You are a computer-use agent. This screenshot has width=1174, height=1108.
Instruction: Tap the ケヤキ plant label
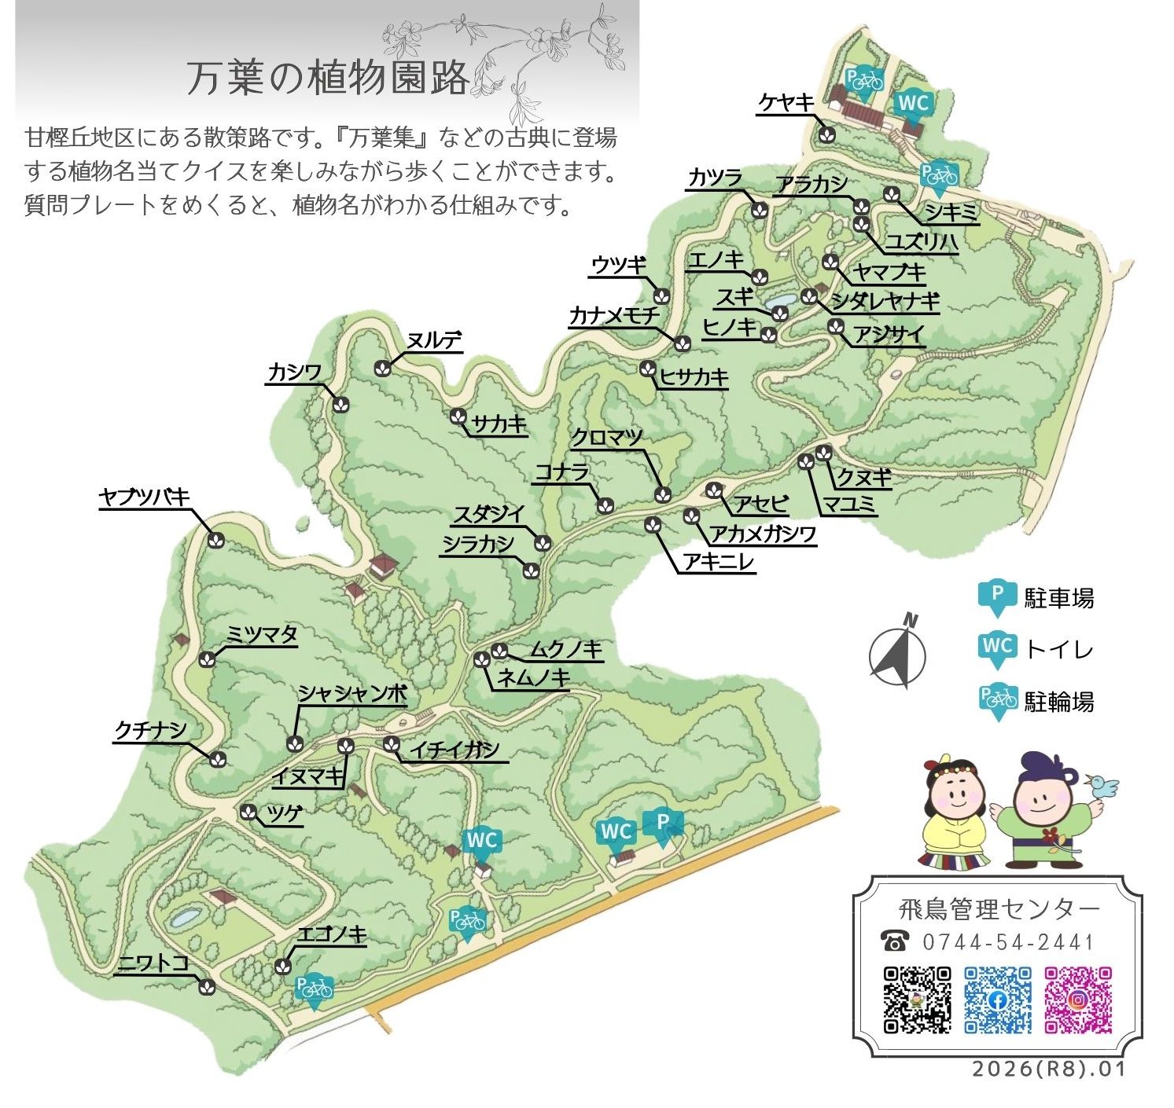point(786,103)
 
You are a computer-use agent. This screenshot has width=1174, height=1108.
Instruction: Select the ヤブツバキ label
point(145,497)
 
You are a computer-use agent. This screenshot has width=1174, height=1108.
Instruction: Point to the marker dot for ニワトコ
point(208,986)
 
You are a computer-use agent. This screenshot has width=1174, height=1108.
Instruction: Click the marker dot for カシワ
point(340,404)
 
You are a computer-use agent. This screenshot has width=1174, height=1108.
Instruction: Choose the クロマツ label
point(607,438)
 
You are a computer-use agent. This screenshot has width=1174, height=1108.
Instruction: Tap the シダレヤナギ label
point(885,301)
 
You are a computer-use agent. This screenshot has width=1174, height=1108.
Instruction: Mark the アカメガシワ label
point(763,534)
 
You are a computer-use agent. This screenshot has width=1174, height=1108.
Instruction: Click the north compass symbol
point(898,652)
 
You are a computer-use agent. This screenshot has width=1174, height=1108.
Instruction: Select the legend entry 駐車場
point(1058,598)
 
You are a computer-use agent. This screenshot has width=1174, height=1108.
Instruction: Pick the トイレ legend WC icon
point(998,648)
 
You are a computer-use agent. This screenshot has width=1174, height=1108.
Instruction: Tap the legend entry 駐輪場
point(1058,701)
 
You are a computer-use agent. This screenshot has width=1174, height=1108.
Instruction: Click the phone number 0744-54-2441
point(1007,941)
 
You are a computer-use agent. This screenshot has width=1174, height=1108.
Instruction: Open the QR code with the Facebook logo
point(998,1000)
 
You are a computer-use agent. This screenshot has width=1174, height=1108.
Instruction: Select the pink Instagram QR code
point(1078,1000)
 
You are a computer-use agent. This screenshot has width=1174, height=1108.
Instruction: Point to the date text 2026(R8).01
point(1048,1069)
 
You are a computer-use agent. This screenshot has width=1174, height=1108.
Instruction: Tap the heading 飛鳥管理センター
point(999,909)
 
